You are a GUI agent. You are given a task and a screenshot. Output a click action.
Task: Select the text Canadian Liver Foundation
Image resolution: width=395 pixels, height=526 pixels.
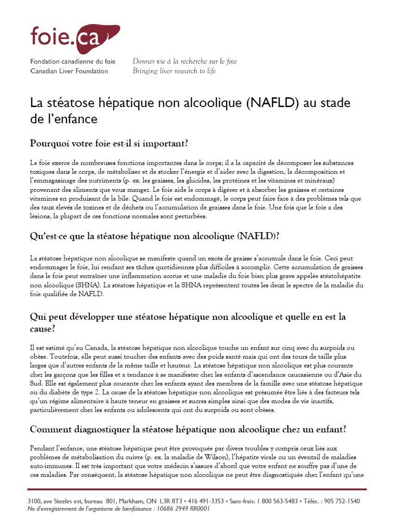coord(69,71)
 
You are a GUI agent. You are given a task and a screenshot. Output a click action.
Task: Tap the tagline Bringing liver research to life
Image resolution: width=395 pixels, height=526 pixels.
coord(174,71)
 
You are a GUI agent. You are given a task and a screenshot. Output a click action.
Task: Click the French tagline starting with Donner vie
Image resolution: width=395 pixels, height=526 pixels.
coord(185,61)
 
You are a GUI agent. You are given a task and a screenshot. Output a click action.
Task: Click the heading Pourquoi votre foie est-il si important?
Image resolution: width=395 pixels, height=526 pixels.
coord(109,143)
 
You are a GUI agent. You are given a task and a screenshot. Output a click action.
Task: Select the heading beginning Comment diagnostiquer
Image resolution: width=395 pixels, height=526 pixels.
coord(188,429)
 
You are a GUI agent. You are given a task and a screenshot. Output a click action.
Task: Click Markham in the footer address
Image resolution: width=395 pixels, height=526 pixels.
coord(132,501)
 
